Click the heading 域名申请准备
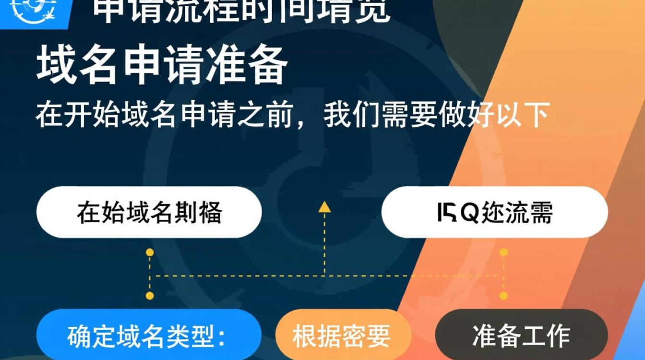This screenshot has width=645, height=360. click(x=162, y=67)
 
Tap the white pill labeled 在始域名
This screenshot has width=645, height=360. click(x=149, y=212)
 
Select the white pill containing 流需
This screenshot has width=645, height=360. click(x=495, y=212)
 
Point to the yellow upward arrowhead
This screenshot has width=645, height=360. click(x=324, y=207)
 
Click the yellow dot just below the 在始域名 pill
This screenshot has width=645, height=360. click(x=150, y=252)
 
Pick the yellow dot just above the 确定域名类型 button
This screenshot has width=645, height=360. click(x=150, y=296)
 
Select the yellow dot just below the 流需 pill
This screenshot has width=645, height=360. click(x=503, y=252)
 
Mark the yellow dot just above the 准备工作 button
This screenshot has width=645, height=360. click(x=503, y=296)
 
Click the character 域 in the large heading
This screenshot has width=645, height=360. click(x=57, y=67)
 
